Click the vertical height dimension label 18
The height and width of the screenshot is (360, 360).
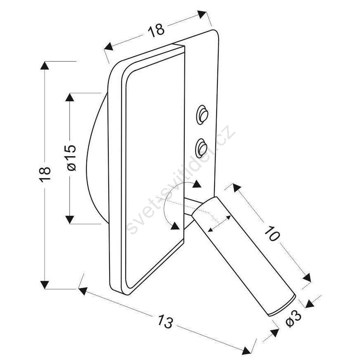[x=45, y=174]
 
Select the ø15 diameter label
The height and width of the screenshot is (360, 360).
[x=71, y=158]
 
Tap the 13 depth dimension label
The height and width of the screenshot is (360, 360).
[x=165, y=322]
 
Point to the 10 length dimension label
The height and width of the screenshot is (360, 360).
[x=272, y=234]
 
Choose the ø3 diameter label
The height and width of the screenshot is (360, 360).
[x=293, y=318]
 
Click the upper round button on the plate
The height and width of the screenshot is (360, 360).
[x=203, y=115]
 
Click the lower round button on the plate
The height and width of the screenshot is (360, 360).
[x=201, y=148]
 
